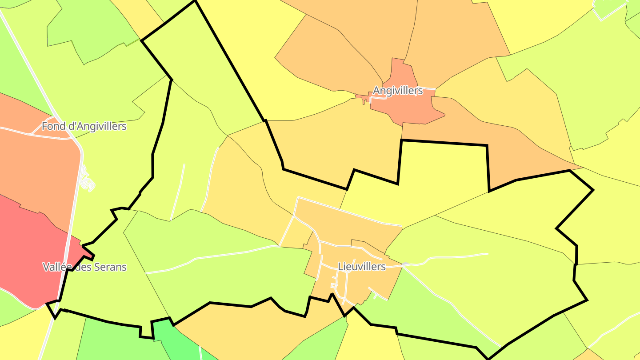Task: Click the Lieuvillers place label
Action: (362, 267)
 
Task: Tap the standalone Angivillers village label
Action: (397, 91)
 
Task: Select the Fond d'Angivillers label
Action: (84, 126)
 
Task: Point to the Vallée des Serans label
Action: (84, 267)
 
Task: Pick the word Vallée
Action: (56, 267)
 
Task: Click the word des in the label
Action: (81, 267)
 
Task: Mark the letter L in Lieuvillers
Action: (340, 267)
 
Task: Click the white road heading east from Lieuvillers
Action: (453, 256)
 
